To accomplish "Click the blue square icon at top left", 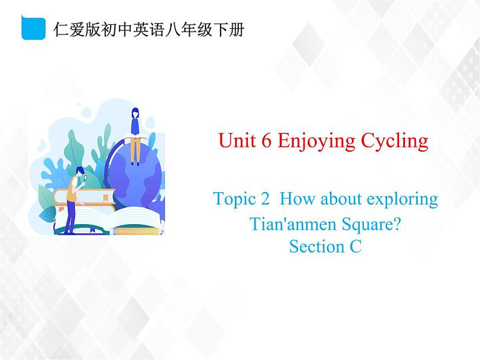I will point(33,28).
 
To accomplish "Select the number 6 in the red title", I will point(265,141).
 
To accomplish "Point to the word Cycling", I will point(394,142).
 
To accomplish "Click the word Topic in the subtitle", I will point(232,199).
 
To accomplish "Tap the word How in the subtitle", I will point(294,198).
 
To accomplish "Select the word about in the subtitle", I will point(332,198).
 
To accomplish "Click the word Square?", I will point(367,226).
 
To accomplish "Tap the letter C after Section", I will point(355,246).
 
